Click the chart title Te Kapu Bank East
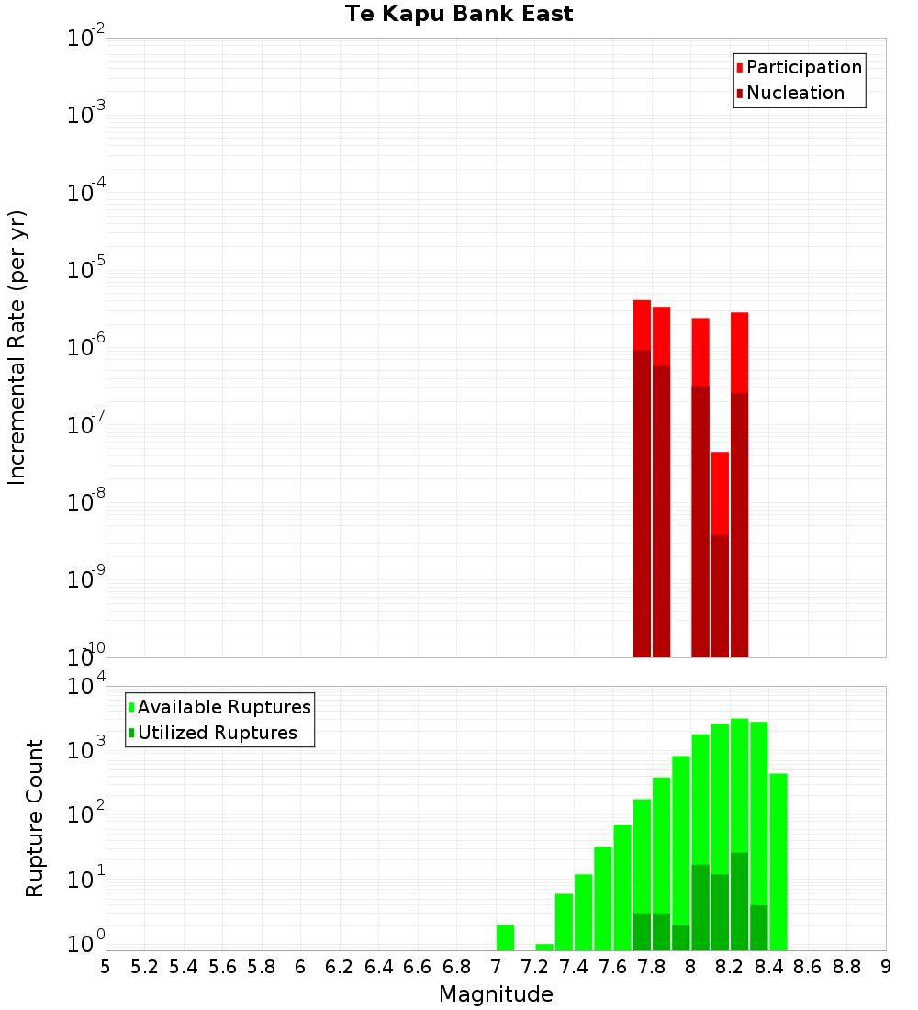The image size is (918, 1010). tap(459, 15)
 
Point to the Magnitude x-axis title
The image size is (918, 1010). tap(496, 994)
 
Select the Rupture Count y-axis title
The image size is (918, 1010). tap(35, 817)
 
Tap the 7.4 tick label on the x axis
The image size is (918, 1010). tap(574, 967)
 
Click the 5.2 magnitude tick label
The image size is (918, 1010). tap(144, 967)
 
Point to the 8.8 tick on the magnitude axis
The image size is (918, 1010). tap(846, 967)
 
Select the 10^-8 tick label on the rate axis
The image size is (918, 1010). tap(85, 502)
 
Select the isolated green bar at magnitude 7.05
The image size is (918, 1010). tap(505, 937)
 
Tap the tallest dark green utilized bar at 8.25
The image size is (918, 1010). tap(739, 901)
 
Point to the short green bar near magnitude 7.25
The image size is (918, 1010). tap(544, 947)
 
